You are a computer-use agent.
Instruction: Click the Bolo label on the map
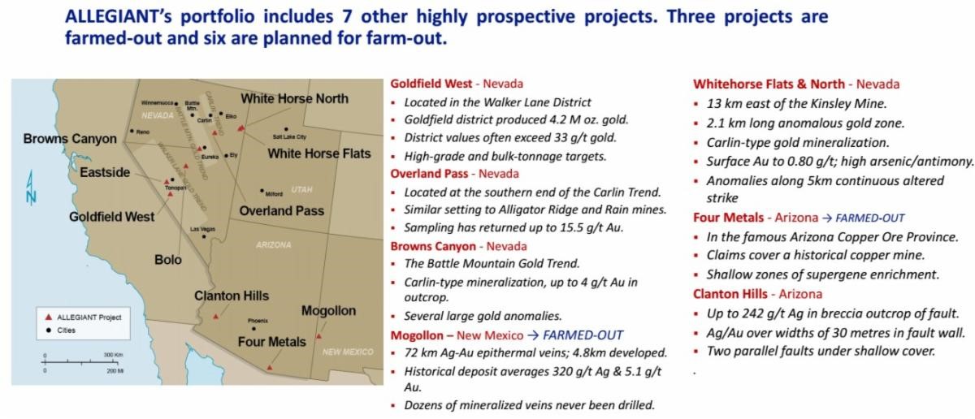tap(167, 260)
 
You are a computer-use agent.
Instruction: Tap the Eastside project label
tap(105, 172)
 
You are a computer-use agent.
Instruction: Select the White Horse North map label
tap(295, 99)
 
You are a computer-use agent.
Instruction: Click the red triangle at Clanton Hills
tap(215, 317)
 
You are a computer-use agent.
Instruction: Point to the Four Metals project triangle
tap(270, 368)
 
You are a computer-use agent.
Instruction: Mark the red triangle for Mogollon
tap(318, 336)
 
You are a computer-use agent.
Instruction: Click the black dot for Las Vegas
tap(204, 236)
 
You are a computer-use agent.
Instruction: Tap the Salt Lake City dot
tap(286, 129)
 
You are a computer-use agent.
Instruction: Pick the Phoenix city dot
tap(253, 329)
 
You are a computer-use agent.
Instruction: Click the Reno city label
tap(143, 132)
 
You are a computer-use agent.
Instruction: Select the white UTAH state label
tap(301, 190)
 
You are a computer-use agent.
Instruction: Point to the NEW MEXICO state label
tap(348, 352)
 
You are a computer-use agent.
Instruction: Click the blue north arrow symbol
tap(31, 187)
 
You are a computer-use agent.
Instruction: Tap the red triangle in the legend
tap(49, 317)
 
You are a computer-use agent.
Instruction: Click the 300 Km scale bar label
tap(113, 355)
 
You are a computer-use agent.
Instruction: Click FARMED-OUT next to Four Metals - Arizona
tap(869, 218)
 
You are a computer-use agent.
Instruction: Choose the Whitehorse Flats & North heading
tap(769, 84)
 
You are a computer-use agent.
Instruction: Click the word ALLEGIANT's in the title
tap(119, 16)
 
